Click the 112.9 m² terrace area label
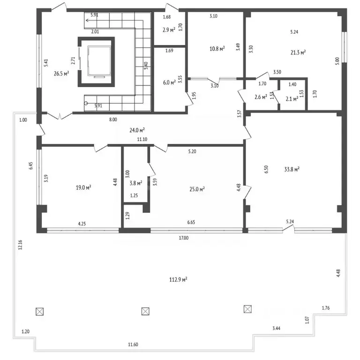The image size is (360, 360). (x=178, y=280)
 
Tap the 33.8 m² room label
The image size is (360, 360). (x=292, y=169)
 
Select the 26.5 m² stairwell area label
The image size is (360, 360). (x=61, y=74)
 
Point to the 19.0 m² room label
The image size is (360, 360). (x=83, y=187)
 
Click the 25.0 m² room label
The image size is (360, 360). (x=197, y=189)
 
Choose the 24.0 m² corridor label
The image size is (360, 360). (x=137, y=130)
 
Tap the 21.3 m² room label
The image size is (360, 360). (x=298, y=52)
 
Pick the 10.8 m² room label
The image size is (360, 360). (x=217, y=49)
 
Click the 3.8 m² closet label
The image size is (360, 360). (x=135, y=183)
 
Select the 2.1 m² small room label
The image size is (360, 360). (x=292, y=99)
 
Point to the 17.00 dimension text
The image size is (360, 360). (x=184, y=238)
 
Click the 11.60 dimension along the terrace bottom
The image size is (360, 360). (x=133, y=345)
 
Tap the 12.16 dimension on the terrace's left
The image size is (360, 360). (x=20, y=245)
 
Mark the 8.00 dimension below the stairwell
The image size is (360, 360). (x=113, y=120)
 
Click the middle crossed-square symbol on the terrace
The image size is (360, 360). (x=145, y=311)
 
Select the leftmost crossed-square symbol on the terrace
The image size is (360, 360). (x=40, y=312)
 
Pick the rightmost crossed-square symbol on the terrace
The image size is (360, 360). (x=247, y=309)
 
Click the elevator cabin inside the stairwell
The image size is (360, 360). (x=99, y=61)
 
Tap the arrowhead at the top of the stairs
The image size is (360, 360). (x=87, y=20)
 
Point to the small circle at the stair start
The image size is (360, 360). (x=86, y=103)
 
